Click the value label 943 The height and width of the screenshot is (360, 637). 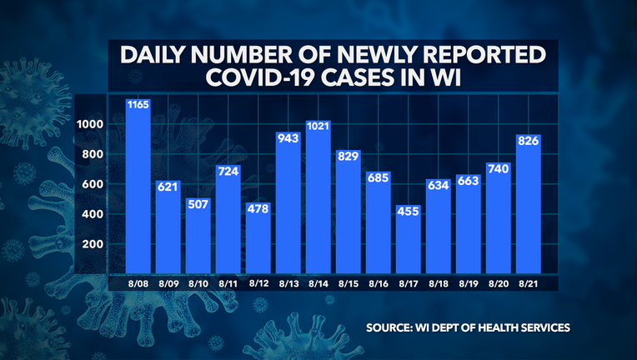[x=288, y=162]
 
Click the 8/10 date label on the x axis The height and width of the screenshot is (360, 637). [x=198, y=283]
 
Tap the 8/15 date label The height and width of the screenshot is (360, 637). [x=349, y=283]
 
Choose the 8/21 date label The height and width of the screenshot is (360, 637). [x=529, y=283]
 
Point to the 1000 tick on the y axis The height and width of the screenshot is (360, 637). [x=90, y=123]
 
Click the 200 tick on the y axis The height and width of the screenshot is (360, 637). [x=93, y=244]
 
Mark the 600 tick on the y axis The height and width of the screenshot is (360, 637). [x=93, y=184]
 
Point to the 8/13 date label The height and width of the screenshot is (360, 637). [x=288, y=283]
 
